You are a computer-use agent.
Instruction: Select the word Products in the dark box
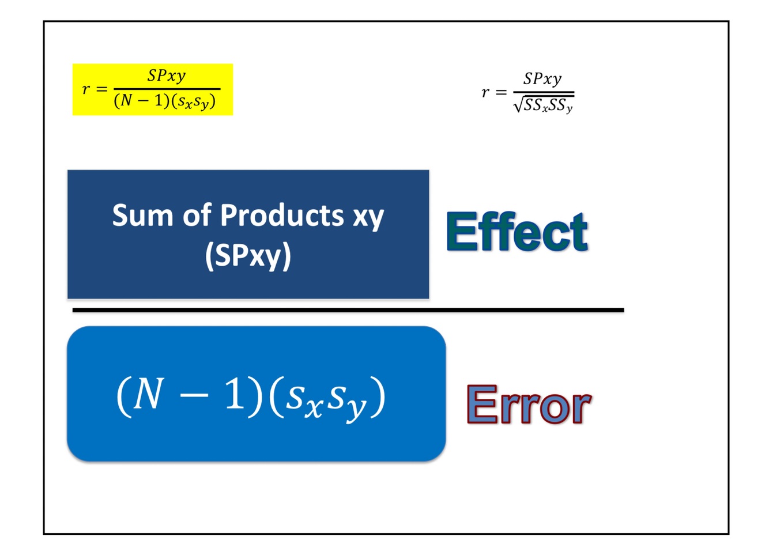pyautogui.click(x=282, y=216)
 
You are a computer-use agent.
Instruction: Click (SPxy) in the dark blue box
pyautogui.click(x=248, y=255)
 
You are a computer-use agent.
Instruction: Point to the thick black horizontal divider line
pyautogui.click(x=348, y=310)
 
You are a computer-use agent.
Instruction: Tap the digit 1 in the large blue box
pyautogui.click(x=235, y=395)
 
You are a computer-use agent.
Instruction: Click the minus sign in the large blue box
pyautogui.click(x=191, y=397)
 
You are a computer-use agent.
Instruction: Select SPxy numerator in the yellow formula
pyautogui.click(x=167, y=76)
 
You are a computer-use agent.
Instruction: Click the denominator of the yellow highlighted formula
pyautogui.click(x=165, y=102)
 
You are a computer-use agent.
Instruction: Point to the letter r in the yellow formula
pyautogui.click(x=86, y=89)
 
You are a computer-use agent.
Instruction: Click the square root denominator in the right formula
pyautogui.click(x=543, y=105)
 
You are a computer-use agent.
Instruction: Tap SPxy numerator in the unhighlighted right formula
pyautogui.click(x=542, y=79)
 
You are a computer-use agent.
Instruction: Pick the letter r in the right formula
pyautogui.click(x=485, y=92)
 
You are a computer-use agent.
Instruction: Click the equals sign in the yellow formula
pyautogui.click(x=101, y=89)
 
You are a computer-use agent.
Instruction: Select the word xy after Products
pyautogui.click(x=368, y=217)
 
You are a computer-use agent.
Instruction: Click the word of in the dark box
pyautogui.click(x=197, y=216)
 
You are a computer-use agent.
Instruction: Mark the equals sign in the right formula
pyautogui.click(x=501, y=92)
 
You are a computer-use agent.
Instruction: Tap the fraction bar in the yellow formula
pyautogui.click(x=167, y=89)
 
